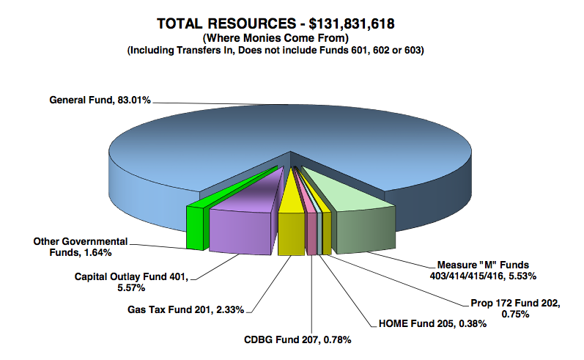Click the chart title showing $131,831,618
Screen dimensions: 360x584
[x=276, y=24]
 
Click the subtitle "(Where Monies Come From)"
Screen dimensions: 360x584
[x=276, y=38]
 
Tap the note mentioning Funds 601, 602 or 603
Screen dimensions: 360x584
[x=276, y=51]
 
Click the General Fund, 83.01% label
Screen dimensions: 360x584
[x=100, y=100]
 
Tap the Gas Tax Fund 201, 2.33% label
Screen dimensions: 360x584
[x=187, y=309]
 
